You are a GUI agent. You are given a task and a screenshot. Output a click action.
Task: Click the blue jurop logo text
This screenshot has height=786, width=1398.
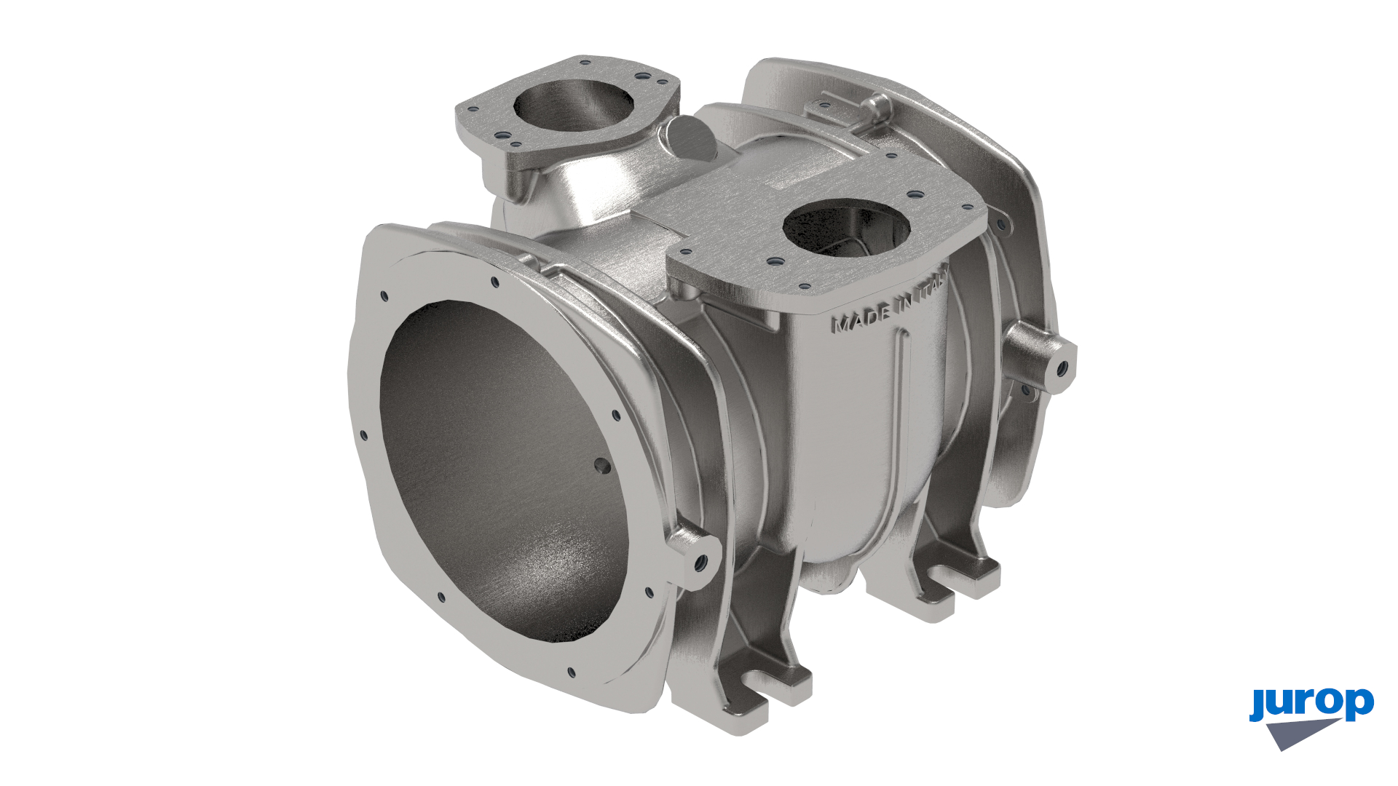[1311, 704]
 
